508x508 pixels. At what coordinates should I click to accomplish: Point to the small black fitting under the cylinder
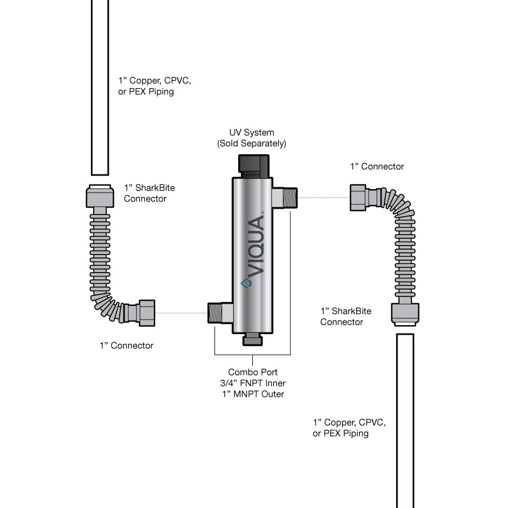pos(252,339)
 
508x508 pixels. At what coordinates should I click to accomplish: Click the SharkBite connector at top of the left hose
pos(100,197)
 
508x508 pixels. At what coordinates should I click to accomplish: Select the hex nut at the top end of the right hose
pos(359,198)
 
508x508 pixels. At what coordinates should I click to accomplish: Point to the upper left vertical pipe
pos(100,85)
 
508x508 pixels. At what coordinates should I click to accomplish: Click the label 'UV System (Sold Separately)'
pos(252,138)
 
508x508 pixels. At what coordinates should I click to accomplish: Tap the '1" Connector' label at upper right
pos(377,167)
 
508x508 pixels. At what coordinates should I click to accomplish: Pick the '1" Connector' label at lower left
pos(126,345)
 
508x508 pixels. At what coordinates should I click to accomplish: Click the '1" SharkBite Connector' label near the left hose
pos(145,193)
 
